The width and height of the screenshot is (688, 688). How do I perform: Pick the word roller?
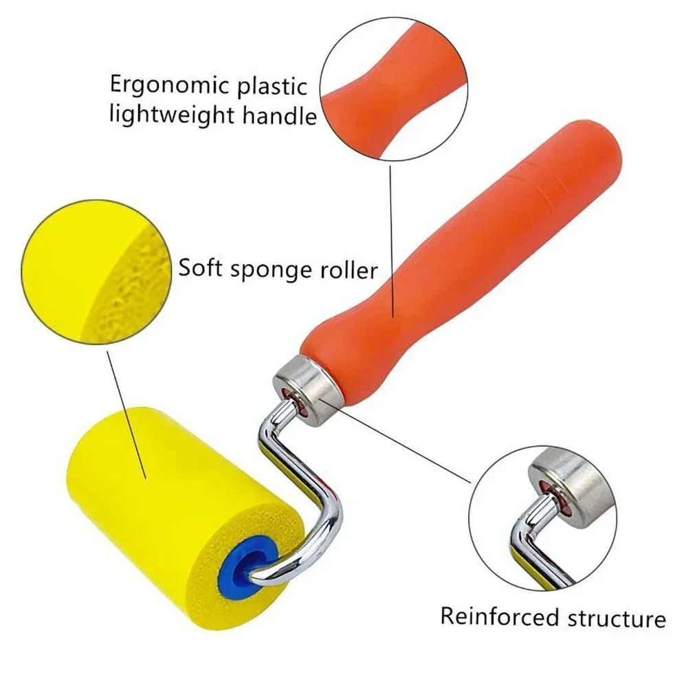click(349, 269)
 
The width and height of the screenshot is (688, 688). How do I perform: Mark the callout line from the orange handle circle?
click(391, 241)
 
